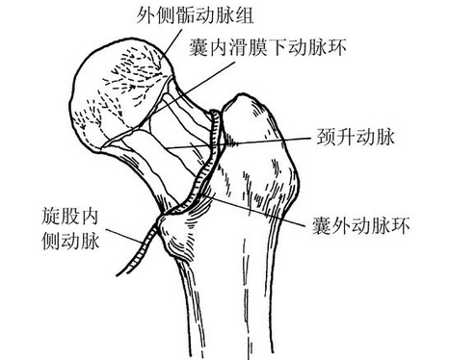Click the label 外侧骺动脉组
(x=191, y=15)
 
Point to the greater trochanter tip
(x=252, y=102)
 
